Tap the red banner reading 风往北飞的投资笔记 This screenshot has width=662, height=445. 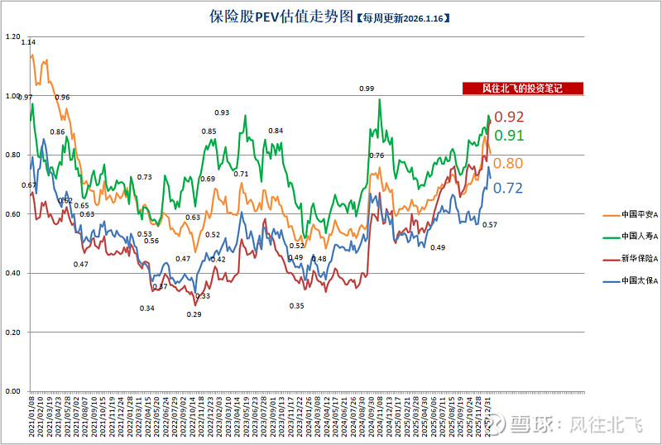click(522, 89)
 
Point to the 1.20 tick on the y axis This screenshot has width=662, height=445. click(12, 37)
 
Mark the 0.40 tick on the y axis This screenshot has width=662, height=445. click(12, 273)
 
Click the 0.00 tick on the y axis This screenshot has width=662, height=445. click(12, 391)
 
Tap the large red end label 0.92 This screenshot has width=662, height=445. click(509, 117)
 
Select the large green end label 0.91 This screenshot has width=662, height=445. click(508, 136)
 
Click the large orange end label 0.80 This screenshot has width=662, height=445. click(507, 164)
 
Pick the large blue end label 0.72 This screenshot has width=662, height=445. click(507, 189)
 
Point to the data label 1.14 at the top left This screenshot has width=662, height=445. click(29, 42)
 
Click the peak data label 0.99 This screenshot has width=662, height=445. click(367, 89)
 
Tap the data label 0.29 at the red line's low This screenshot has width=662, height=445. click(194, 314)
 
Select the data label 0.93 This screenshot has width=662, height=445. click(222, 112)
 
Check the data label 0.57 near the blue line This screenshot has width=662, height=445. click(489, 225)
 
